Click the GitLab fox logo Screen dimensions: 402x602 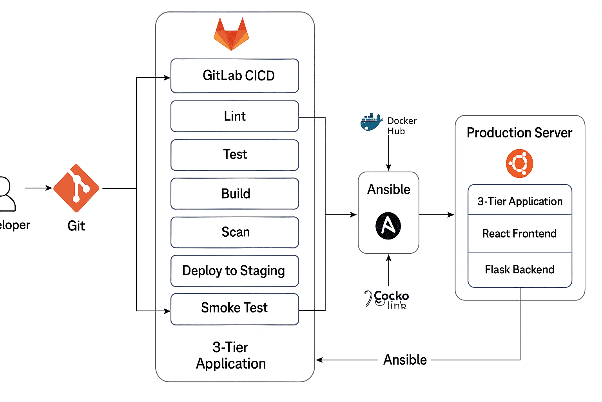click(231, 35)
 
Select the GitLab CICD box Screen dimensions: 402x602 click(235, 76)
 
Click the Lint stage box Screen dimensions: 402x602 click(235, 116)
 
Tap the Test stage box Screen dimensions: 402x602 click(235, 155)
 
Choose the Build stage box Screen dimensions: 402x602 click(235, 194)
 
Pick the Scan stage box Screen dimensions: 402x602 click(235, 232)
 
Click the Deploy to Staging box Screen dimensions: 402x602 click(235, 271)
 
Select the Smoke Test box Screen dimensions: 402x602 click(235, 309)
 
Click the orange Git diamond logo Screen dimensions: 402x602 click(76, 188)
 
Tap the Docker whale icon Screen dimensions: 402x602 click(371, 122)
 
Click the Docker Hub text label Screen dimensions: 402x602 click(402, 126)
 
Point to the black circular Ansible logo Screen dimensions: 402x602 click(388, 226)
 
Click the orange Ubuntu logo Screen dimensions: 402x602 click(519, 163)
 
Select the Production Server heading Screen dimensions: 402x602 click(519, 133)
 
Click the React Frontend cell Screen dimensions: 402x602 click(520, 234)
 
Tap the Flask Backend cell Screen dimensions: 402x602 click(520, 270)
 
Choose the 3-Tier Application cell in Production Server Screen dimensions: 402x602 click(520, 201)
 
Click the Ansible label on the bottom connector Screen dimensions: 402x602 click(405, 360)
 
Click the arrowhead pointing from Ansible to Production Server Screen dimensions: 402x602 click(451, 215)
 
